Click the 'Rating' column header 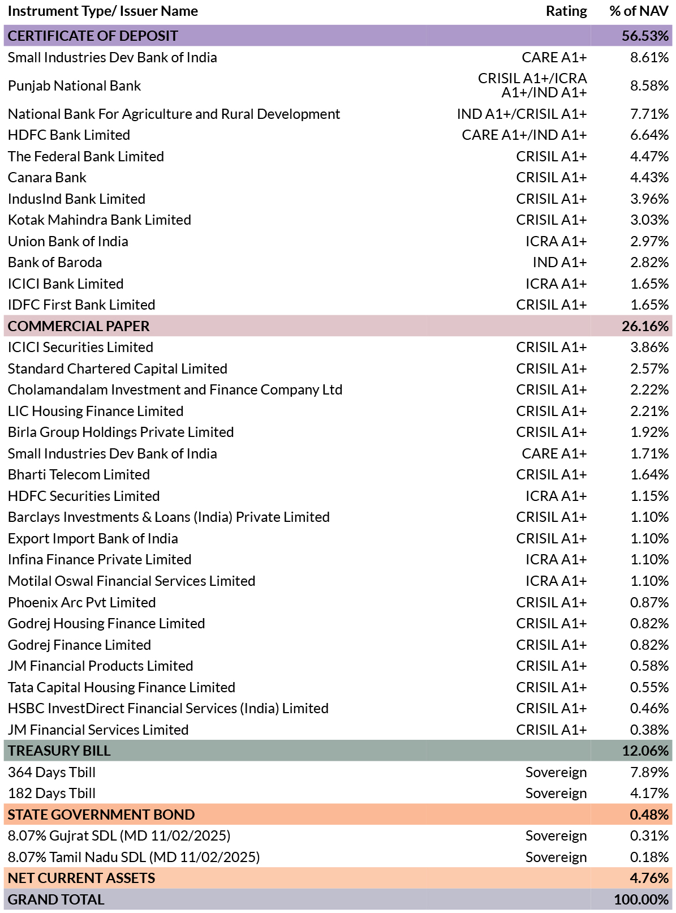click(566, 11)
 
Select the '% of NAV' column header click(639, 11)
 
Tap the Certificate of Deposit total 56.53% click(645, 36)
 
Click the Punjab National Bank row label click(74, 85)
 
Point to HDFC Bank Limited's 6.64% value click(649, 135)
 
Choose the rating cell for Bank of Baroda click(559, 262)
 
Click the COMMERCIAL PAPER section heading click(79, 326)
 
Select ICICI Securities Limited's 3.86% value click(649, 348)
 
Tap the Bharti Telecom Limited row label click(79, 474)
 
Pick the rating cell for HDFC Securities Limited click(556, 496)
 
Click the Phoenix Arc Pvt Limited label click(81, 602)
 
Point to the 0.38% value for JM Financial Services click(649, 730)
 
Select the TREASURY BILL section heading click(59, 751)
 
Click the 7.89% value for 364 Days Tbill click(649, 772)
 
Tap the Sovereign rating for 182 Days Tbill click(556, 793)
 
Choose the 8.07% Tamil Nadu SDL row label click(134, 857)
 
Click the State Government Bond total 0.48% click(649, 815)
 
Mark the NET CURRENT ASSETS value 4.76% click(649, 878)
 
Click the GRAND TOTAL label click(56, 899)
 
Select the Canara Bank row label click(47, 177)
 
